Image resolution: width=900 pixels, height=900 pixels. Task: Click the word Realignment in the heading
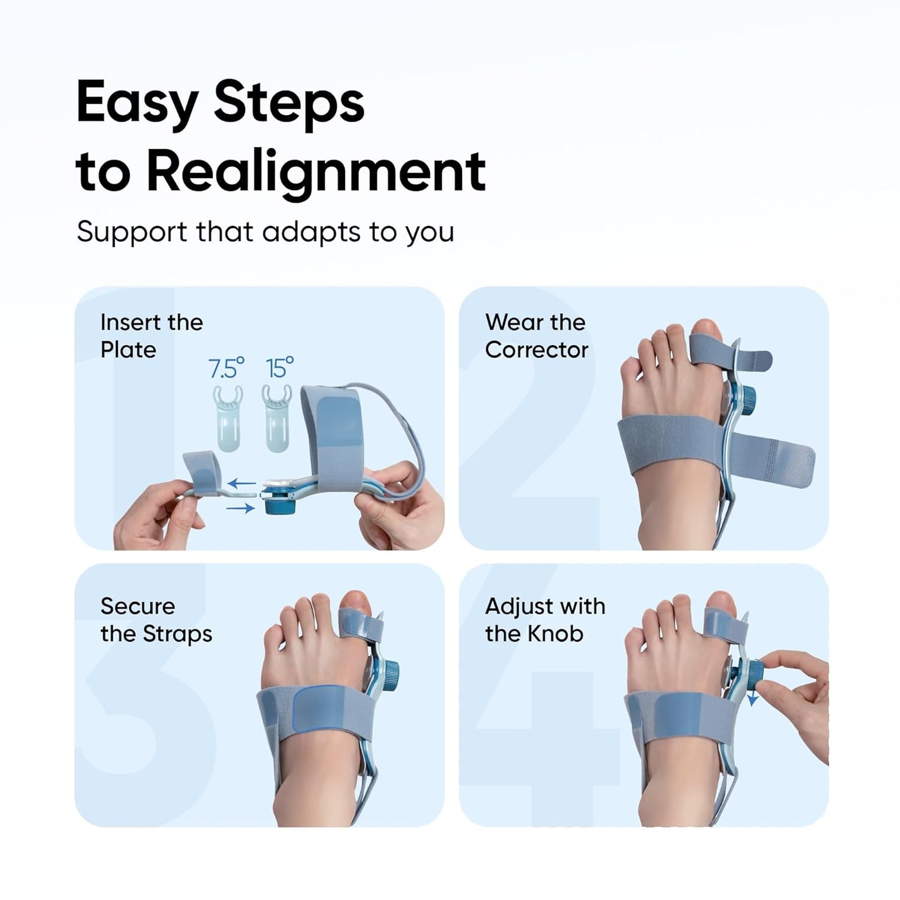[x=316, y=171]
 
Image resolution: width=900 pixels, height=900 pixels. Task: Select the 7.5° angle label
[x=226, y=368]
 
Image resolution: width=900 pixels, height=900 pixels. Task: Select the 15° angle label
[x=280, y=368]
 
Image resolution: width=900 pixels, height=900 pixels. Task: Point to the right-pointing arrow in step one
[x=240, y=509]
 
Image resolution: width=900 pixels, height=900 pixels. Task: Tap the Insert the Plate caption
[x=151, y=336]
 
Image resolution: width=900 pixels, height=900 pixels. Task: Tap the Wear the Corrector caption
[x=536, y=336]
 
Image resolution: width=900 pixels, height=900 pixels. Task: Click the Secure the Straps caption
[x=156, y=620]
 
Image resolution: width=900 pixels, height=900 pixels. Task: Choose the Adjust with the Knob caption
[x=545, y=620]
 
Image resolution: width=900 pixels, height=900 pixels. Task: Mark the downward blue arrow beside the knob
[x=752, y=698]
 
